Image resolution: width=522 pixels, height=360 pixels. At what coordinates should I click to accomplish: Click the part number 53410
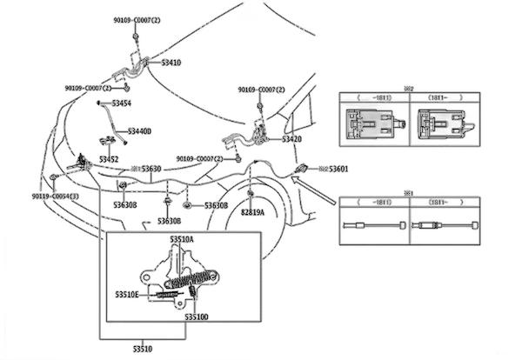171,63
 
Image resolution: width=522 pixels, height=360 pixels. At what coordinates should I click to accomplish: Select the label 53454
122,103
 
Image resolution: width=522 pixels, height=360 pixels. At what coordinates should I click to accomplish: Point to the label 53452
109,159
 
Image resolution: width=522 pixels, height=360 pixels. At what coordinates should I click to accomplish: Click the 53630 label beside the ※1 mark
151,168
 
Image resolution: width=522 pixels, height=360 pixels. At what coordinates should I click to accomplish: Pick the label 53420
291,139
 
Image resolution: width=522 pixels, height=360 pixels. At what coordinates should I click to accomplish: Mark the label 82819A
253,211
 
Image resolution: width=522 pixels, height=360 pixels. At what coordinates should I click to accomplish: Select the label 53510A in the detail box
181,237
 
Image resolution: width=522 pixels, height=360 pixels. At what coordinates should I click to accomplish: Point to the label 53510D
196,317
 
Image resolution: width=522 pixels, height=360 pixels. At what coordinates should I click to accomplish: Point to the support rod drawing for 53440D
108,122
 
